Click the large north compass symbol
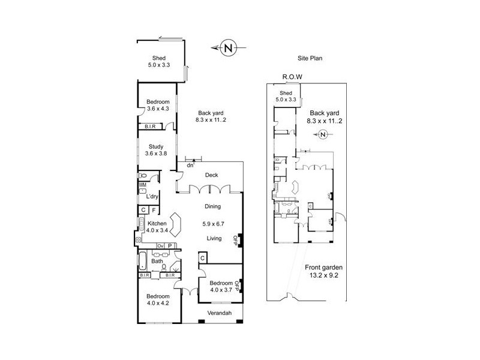point(227,48)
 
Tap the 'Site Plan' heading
point(311,58)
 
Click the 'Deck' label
point(211,175)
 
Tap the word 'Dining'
point(213,206)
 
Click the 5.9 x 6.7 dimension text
point(213,226)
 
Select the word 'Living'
point(214,238)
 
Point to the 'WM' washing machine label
point(142,185)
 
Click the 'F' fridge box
point(154,210)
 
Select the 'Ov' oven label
point(160,245)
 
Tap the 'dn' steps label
point(190,164)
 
